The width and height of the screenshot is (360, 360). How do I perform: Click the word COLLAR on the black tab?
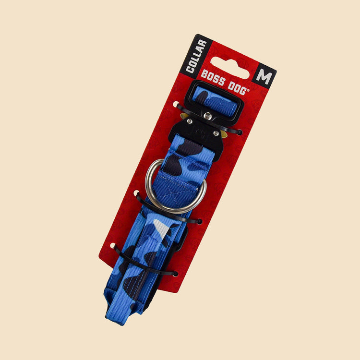pos(196,56)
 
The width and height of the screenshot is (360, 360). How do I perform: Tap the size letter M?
pos(264,77)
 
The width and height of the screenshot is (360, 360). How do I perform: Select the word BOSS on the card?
pos(213,78)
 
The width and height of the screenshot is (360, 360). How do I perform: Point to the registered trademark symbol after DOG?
pos(248,90)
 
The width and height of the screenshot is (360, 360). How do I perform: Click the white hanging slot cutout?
pos(230,68)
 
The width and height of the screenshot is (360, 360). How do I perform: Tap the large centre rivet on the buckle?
pos(208,116)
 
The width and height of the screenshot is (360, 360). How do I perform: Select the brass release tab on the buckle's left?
pos(184,116)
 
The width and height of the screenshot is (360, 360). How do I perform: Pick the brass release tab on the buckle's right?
pos(224,134)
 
